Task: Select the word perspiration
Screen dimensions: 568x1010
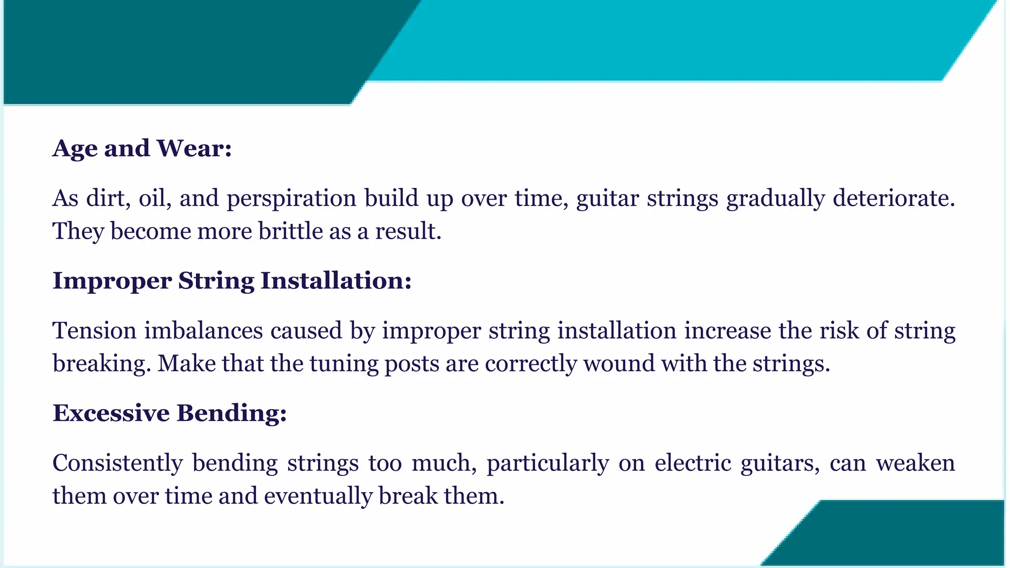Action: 291,199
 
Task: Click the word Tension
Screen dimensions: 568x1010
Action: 94,330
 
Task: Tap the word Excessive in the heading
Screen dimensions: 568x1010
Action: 111,413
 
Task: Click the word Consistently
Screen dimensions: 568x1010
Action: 117,463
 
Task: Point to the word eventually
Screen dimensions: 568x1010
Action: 318,496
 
